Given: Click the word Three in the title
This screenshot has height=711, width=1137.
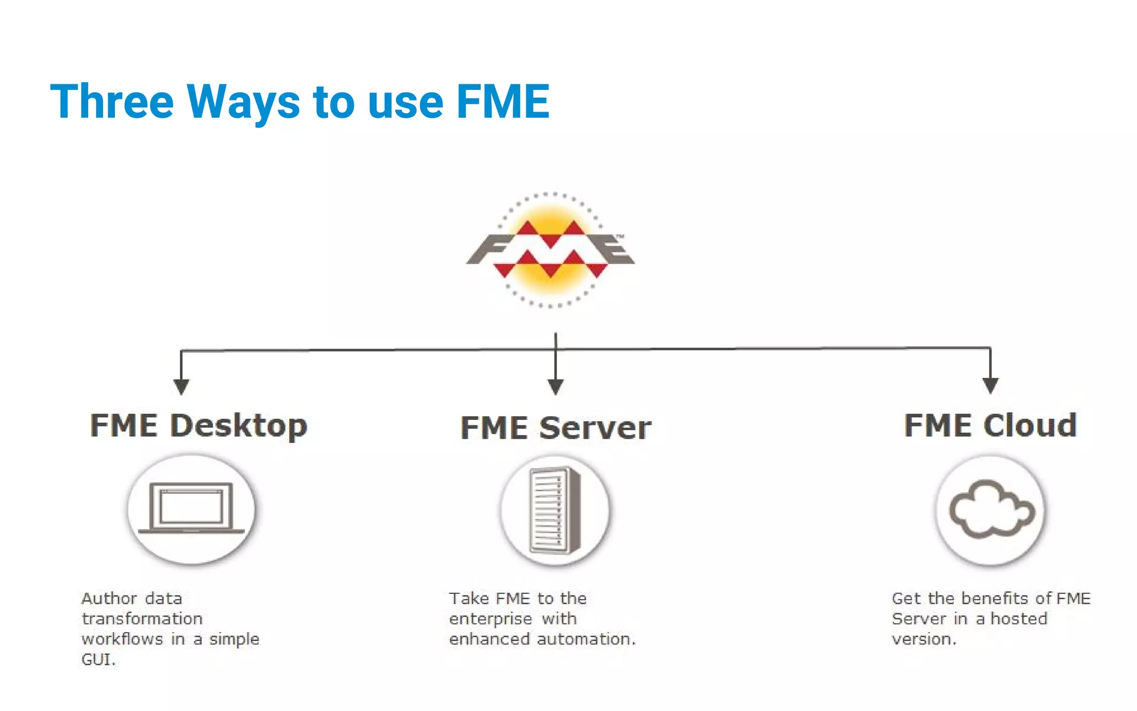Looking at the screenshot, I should coord(112,102).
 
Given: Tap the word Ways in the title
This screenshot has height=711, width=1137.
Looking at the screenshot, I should coord(243,102).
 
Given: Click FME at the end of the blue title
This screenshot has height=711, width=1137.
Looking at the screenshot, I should coord(502,102).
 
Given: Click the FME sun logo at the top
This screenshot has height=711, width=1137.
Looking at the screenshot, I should coord(550,250).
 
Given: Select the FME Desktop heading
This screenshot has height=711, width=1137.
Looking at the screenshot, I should coord(198,426).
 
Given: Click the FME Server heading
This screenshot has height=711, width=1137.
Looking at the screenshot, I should coord(556,428).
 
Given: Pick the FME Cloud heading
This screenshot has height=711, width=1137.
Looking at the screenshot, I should coord(990,426).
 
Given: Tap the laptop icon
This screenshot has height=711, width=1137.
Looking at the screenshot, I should coord(192,508).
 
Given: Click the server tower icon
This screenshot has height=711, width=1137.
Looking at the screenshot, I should coord(555,510).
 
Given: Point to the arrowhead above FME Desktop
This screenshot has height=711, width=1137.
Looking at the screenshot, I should coord(181,386).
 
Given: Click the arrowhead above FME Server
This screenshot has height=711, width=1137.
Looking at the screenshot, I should coord(556,386).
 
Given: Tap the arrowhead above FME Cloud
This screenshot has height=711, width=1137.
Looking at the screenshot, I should coord(990,385).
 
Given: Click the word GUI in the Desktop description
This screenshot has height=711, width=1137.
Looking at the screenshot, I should coord(97,660).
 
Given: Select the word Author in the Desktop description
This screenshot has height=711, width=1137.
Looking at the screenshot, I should coord(109,599).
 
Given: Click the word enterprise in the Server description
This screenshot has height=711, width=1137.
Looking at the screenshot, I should coord(490,619).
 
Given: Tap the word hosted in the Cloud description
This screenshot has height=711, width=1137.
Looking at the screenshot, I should coord(1019,619).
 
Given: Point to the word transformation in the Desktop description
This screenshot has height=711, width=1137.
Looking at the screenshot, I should coord(142,619).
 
